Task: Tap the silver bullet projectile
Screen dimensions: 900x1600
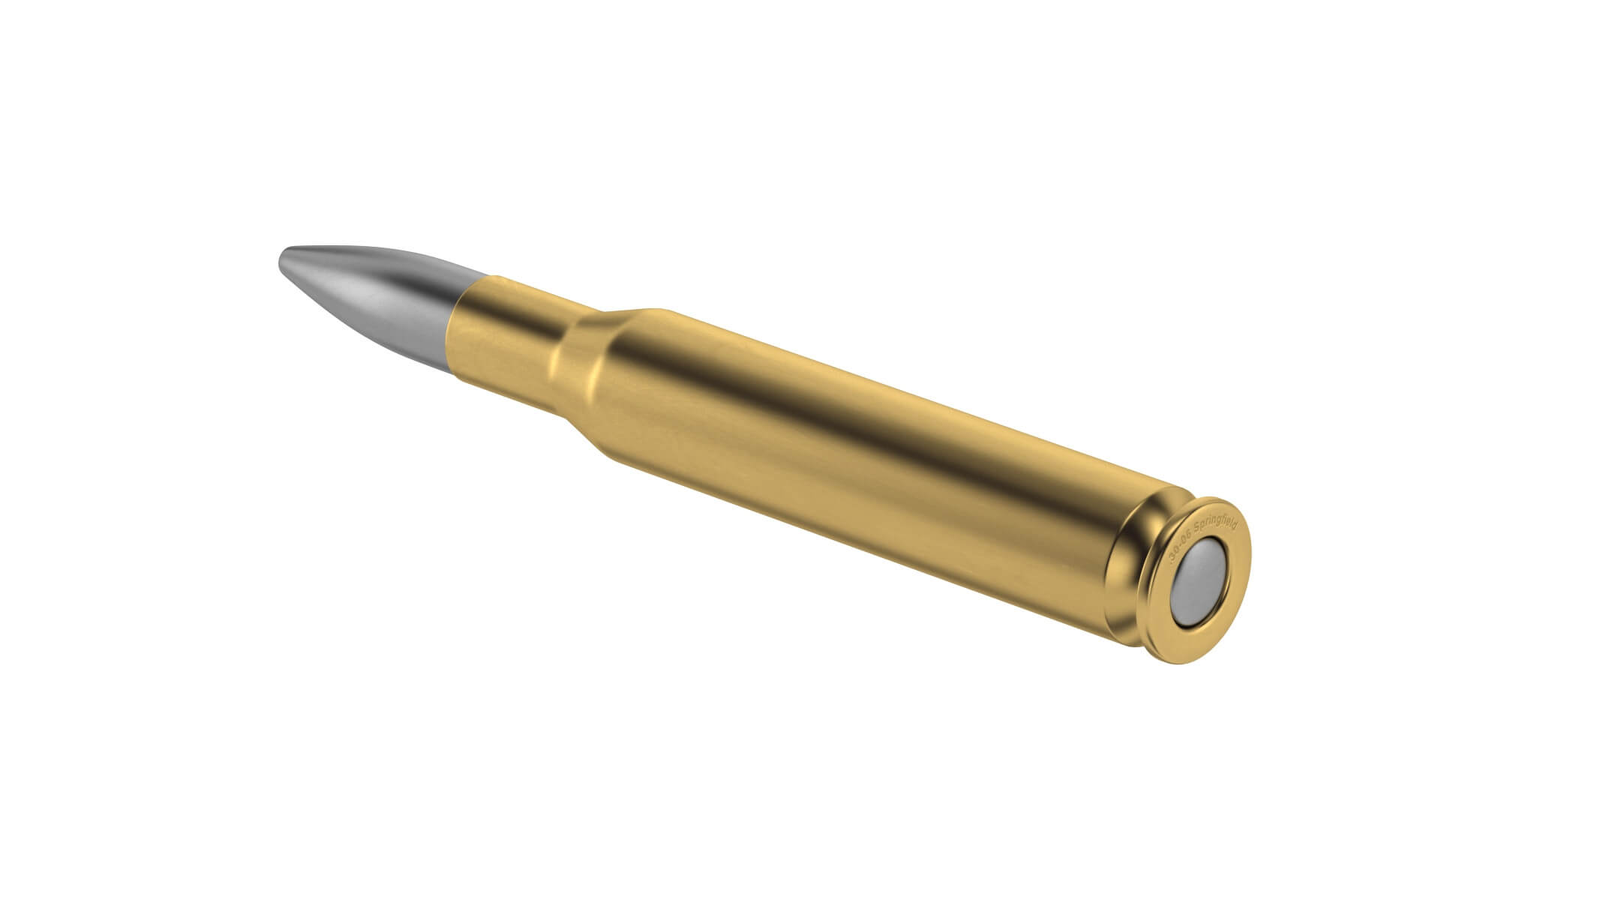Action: tap(368, 293)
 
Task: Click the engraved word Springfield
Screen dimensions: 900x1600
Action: tap(1215, 524)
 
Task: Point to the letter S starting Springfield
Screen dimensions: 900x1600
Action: tap(1197, 529)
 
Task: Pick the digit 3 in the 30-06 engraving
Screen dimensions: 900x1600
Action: tap(1172, 559)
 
